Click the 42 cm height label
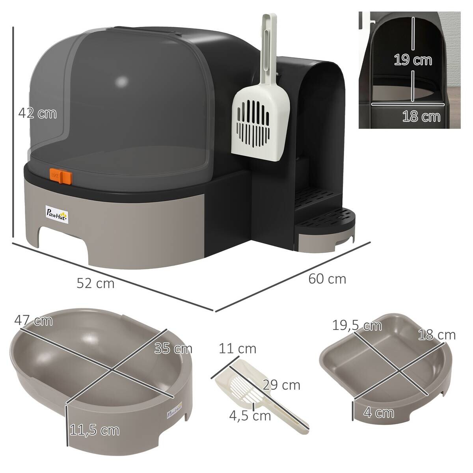coord(37,114)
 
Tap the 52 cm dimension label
coord(95,283)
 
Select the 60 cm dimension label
coord(327,279)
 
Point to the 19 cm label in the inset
coord(413,60)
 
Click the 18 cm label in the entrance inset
coord(421,116)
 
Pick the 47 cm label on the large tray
coord(34,320)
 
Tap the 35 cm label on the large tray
coord(173,348)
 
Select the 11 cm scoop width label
coord(237,348)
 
